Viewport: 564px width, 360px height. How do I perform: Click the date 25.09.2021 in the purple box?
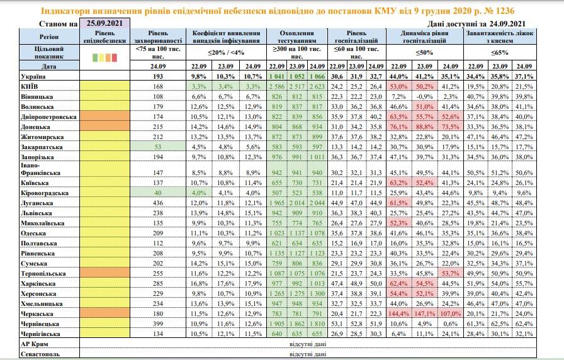[x=104, y=23]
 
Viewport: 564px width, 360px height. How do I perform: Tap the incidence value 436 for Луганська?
[x=157, y=203]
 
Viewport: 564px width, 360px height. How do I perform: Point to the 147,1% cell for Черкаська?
[x=424, y=314]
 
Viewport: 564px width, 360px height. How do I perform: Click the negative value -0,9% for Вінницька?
[x=424, y=97]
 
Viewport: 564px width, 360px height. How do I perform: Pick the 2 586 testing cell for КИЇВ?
[x=276, y=87]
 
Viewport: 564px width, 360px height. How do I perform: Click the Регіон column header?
[x=49, y=37]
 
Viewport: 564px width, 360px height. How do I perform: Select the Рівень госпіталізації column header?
[x=356, y=37]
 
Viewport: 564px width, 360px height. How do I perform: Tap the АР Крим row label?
[x=35, y=344]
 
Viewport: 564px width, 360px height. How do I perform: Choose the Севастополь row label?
[x=40, y=354]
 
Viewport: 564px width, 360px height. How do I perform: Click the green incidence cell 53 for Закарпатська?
[x=157, y=147]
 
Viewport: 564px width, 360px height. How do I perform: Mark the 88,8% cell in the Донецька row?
[x=424, y=127]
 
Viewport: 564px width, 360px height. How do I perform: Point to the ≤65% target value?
[x=500, y=52]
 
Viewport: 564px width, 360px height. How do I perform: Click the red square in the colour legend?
[x=115, y=57]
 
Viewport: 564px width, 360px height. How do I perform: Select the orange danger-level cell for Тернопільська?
[x=104, y=273]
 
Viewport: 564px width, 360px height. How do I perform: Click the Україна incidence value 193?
[x=157, y=77]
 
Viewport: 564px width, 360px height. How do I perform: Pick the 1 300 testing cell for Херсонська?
[x=317, y=294]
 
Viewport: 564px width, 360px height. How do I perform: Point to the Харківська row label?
[x=38, y=284]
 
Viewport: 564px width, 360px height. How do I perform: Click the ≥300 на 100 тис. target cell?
[x=296, y=52]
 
